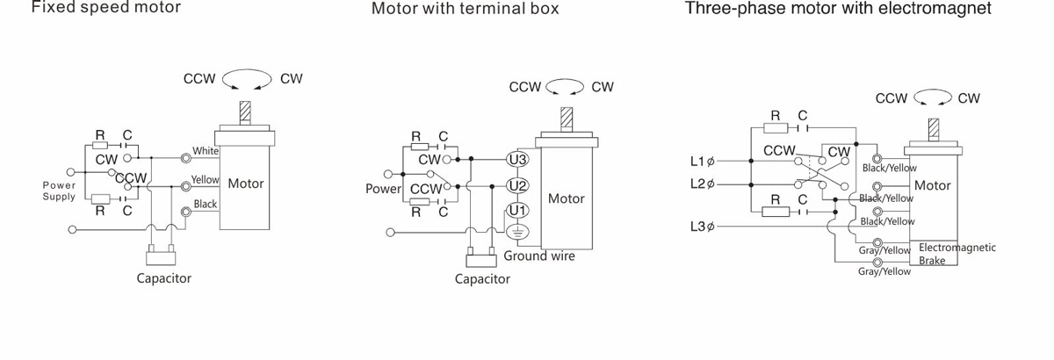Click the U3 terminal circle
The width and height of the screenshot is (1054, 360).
[517, 160]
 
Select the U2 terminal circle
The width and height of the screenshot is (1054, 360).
[517, 186]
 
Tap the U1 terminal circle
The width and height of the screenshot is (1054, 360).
[517, 211]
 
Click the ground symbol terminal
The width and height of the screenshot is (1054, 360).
[517, 233]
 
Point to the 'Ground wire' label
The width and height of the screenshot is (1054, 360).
[539, 256]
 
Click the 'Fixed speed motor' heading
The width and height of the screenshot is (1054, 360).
[106, 8]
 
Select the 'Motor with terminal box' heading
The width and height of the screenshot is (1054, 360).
[465, 9]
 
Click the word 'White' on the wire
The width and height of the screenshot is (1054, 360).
[206, 151]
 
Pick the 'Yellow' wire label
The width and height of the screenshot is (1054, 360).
[205, 180]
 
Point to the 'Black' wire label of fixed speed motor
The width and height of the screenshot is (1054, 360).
[206, 205]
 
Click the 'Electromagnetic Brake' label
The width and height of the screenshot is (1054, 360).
[957, 254]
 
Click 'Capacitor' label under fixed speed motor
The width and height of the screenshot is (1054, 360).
[163, 278]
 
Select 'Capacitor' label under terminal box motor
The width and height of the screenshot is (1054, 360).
[482, 279]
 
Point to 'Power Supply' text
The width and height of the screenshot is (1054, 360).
[59, 191]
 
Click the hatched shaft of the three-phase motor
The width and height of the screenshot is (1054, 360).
[933, 126]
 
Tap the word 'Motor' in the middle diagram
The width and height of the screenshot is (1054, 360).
[566, 198]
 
